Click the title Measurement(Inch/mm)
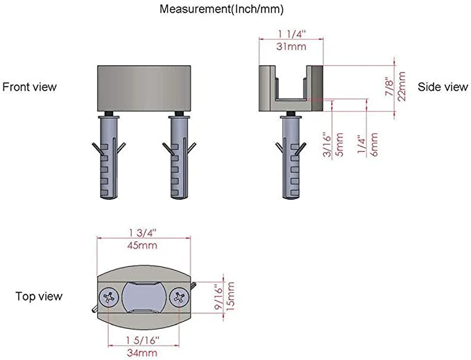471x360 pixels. [221, 9]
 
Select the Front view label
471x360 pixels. [29, 87]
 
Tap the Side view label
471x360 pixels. [443, 87]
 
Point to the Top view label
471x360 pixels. [39, 296]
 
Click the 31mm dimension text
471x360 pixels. [291, 46]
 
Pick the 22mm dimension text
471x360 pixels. [402, 87]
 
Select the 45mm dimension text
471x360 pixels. [142, 246]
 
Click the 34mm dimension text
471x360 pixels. [142, 353]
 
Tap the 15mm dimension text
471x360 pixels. [230, 296]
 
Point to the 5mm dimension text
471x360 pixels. [339, 145]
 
